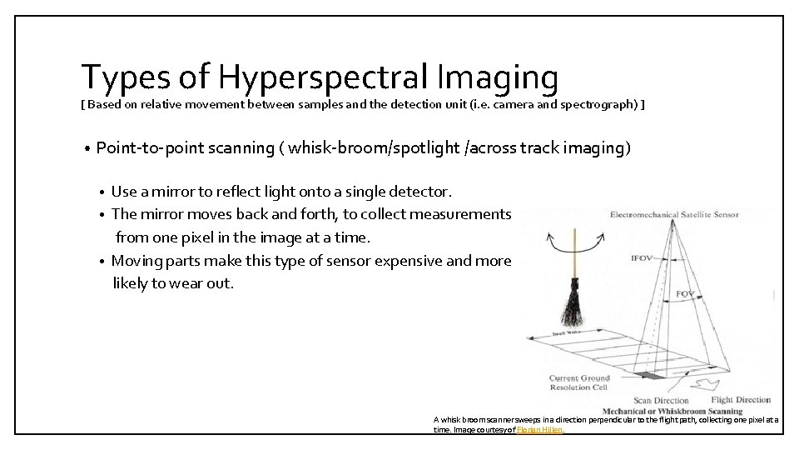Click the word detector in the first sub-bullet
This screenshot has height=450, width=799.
point(419,192)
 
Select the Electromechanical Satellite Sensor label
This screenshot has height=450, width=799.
point(674,215)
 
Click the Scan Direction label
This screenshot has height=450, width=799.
point(662,400)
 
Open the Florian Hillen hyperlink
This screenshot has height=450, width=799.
point(540,429)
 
